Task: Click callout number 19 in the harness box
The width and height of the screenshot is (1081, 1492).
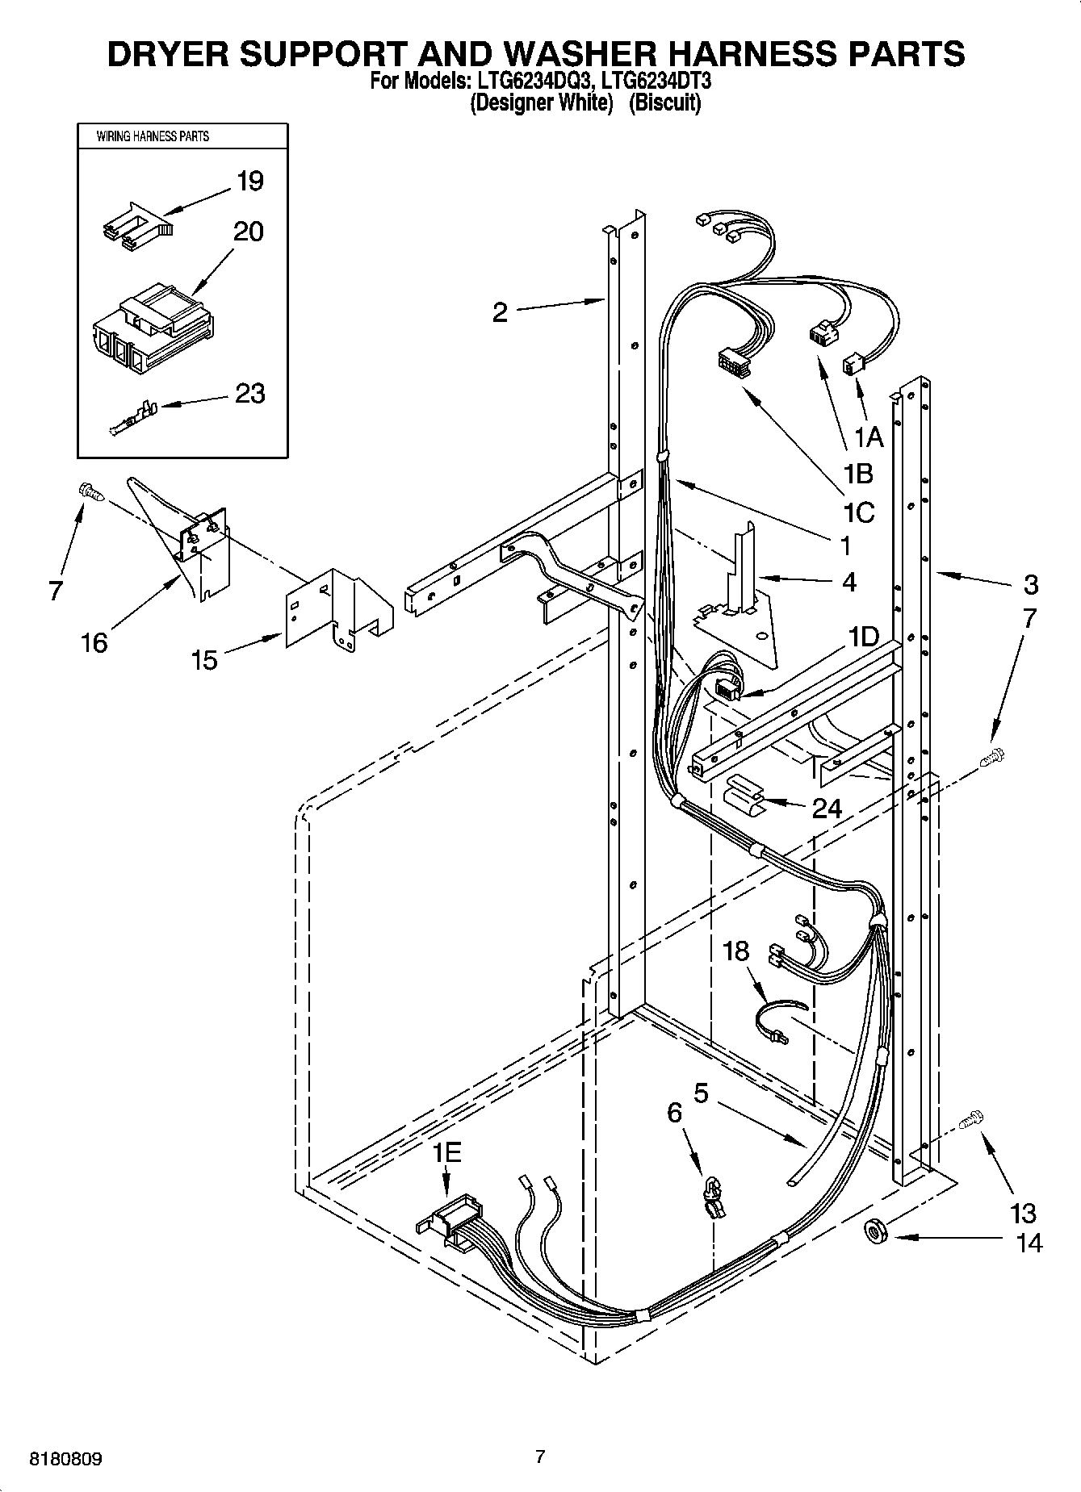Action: coord(250,181)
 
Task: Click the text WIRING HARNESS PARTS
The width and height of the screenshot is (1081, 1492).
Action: coord(153,136)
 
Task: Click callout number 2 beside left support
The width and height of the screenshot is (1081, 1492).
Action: coord(501,312)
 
